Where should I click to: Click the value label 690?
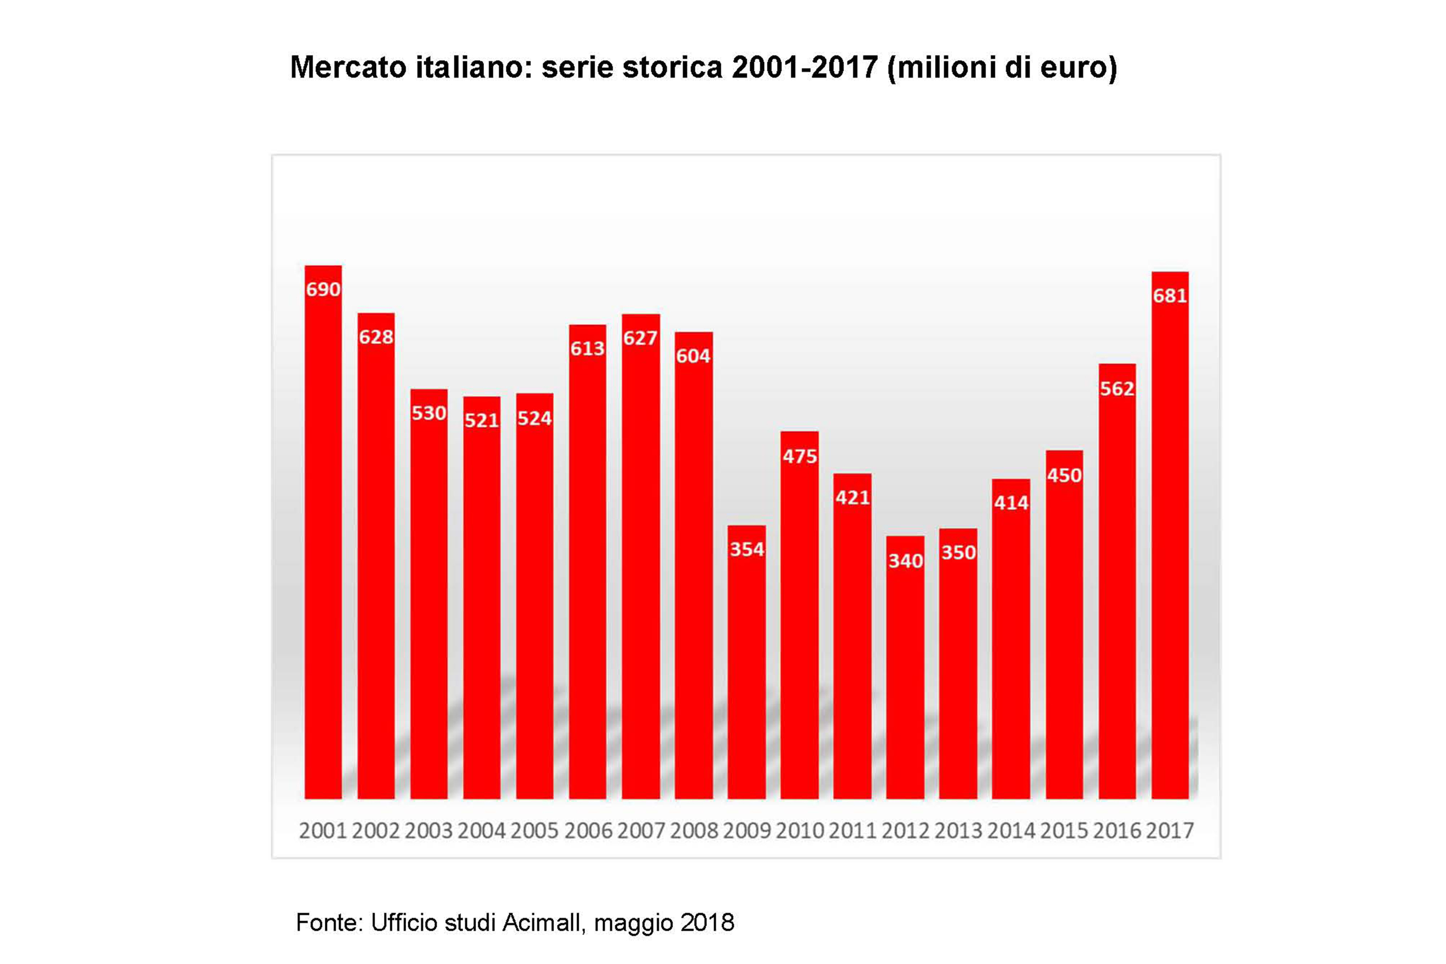[x=323, y=289]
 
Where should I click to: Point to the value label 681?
[x=1170, y=296]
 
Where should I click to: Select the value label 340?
[x=905, y=561]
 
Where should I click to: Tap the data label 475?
[x=800, y=456]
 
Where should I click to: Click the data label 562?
[x=1117, y=389]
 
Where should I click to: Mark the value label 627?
[x=640, y=338]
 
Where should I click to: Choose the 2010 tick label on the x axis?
[x=800, y=831]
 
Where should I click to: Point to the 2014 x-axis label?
[x=1011, y=831]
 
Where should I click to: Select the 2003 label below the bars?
[x=428, y=831]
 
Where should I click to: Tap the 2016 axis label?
[x=1117, y=831]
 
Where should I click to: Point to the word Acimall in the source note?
[x=542, y=922]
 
